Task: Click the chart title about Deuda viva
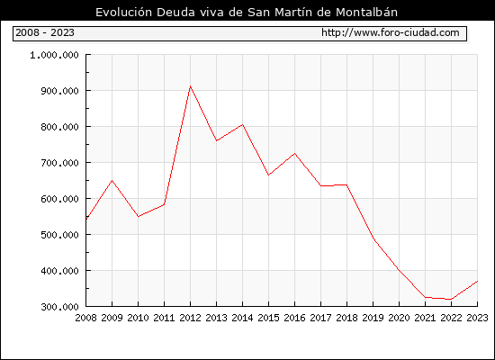pos(247,12)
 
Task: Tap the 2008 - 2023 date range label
pos(45,32)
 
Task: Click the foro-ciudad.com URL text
pos(391,32)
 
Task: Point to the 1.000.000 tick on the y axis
pos(54,55)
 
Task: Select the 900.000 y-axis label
pos(59,91)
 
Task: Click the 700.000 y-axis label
pos(59,163)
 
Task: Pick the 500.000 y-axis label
pos(59,235)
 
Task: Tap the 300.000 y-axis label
pos(59,307)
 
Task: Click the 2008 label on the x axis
pos(85,318)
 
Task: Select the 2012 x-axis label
pos(191,318)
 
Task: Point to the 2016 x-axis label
pos(295,318)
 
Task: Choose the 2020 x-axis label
pos(399,318)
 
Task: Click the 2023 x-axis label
pos(477,318)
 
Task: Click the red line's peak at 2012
pos(190,85)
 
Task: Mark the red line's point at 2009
pos(112,180)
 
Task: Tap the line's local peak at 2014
pos(242,124)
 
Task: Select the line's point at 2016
pos(295,154)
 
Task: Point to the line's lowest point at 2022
pos(451,299)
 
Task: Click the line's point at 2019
pos(373,238)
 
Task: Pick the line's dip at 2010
pos(139,216)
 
